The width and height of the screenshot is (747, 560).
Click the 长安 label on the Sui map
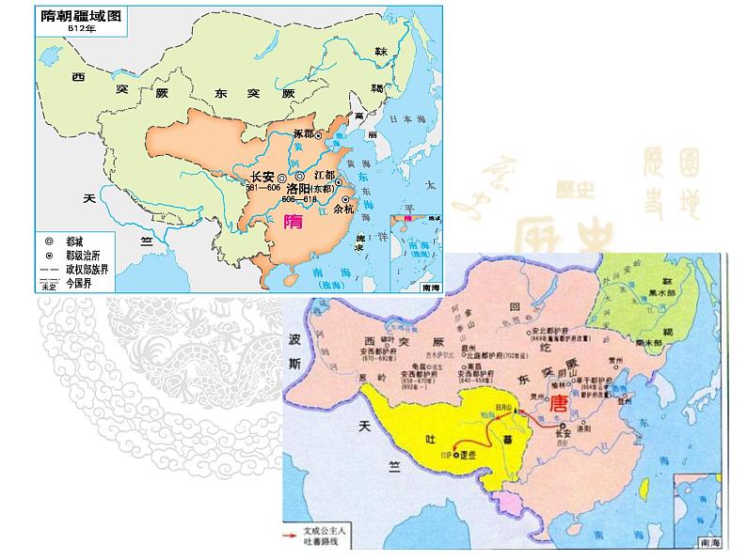(262, 176)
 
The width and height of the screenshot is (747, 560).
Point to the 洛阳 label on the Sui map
(311, 187)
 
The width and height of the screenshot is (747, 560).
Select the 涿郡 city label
(302, 134)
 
